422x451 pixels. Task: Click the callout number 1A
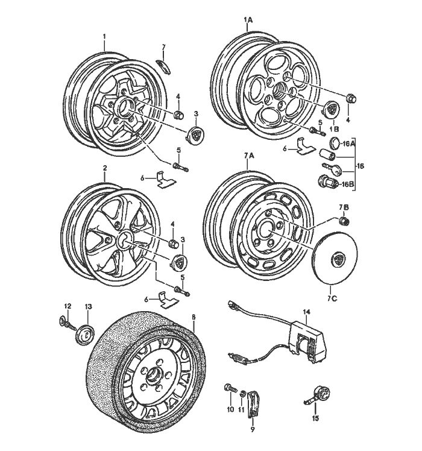(248, 20)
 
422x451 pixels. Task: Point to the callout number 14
(306, 312)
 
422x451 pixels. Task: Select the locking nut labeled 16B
(325, 180)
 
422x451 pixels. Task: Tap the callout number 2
(104, 169)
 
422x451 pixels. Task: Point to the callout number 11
(241, 409)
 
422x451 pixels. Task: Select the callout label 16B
(348, 184)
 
